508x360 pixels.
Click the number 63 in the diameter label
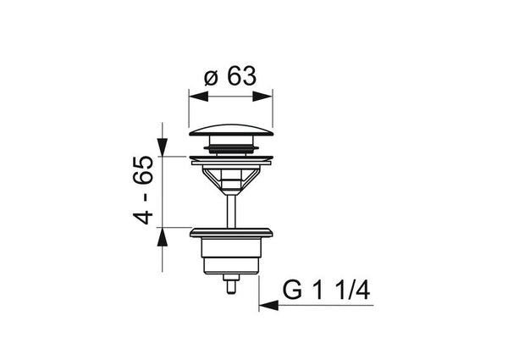coord(241,76)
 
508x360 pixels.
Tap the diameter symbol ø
coord(211,79)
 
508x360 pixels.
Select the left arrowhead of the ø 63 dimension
coord(198,97)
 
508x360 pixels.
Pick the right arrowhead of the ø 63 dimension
coord(262,97)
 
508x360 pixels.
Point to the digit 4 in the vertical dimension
coord(143,216)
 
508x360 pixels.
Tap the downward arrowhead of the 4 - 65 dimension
coord(163,147)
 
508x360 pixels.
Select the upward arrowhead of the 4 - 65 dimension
coord(163,237)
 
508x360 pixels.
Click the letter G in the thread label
coord(292,290)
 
